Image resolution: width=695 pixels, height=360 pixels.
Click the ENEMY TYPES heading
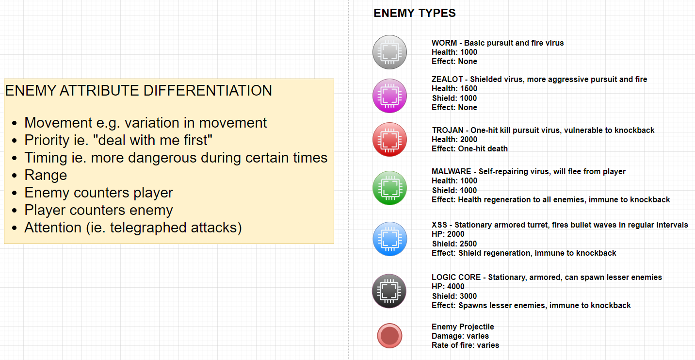(x=415, y=13)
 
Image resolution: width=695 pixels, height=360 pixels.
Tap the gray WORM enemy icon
(x=390, y=52)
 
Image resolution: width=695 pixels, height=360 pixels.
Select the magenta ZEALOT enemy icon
(x=390, y=96)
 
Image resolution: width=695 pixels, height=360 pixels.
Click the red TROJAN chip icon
(x=390, y=139)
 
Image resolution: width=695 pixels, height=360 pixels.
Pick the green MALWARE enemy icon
(x=390, y=188)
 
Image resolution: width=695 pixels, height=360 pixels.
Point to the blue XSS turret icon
(x=390, y=239)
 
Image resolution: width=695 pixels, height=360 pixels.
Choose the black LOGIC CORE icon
(x=389, y=291)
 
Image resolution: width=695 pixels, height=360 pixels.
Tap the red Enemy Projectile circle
(x=390, y=336)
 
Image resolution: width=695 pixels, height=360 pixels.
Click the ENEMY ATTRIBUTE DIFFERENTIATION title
(x=138, y=91)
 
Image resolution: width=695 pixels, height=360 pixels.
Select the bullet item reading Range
(x=46, y=175)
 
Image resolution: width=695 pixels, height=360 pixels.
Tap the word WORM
(x=444, y=43)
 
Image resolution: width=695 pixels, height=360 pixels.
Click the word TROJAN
(x=448, y=130)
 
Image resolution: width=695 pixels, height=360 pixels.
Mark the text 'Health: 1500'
(x=454, y=88)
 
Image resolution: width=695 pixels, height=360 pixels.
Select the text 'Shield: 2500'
(x=454, y=244)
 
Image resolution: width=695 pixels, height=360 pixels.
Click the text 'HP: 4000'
(x=448, y=286)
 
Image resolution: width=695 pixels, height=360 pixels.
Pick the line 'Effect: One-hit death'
(x=470, y=148)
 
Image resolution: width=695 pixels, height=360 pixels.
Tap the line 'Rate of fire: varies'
(x=466, y=345)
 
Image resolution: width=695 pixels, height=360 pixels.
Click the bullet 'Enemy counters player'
(x=98, y=193)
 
